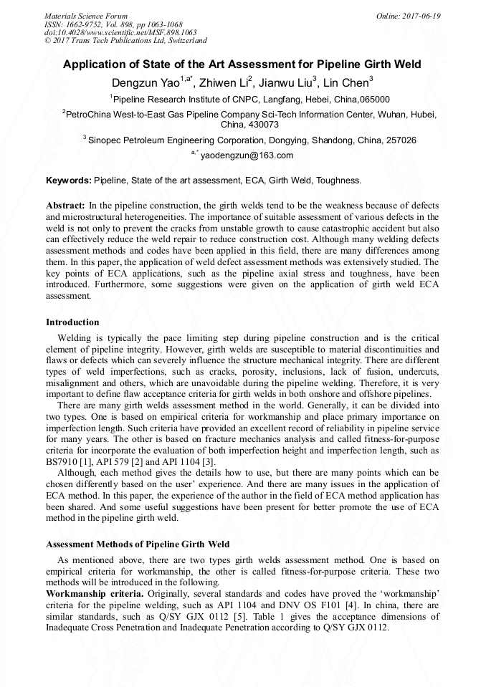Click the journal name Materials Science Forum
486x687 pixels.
[86, 16]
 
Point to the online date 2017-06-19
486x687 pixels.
[421, 16]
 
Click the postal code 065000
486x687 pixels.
[375, 100]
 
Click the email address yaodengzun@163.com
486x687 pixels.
[247, 155]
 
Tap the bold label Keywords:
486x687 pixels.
[69, 181]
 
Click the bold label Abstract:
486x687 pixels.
[65, 205]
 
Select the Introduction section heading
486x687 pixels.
[72, 322]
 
